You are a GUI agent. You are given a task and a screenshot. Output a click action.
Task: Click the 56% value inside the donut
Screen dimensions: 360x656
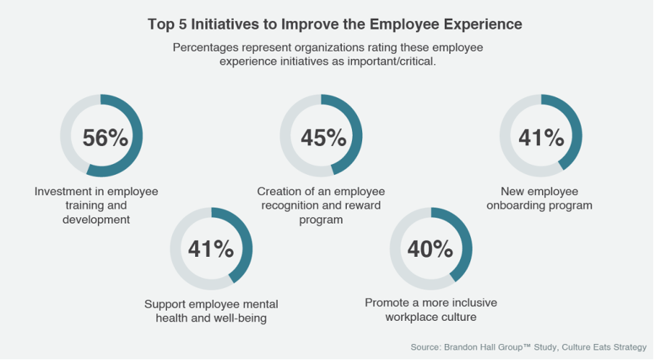(105, 137)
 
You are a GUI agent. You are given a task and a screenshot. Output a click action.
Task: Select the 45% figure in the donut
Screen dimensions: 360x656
(323, 137)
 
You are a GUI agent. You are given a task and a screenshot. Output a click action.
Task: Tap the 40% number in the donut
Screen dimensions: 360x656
(430, 249)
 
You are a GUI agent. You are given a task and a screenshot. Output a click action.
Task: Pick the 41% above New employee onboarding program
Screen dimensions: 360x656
(541, 137)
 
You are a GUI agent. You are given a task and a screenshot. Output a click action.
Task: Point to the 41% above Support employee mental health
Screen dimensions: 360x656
(210, 249)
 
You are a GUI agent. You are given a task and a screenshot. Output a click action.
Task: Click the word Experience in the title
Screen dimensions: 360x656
(485, 24)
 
